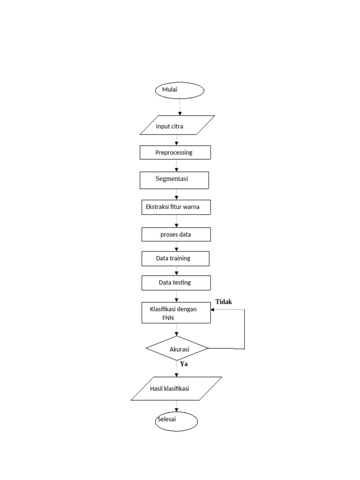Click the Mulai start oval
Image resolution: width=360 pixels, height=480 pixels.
click(180, 90)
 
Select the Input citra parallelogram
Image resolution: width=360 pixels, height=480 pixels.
click(177, 125)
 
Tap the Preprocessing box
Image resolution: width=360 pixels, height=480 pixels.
click(175, 152)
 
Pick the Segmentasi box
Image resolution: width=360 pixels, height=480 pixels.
click(174, 180)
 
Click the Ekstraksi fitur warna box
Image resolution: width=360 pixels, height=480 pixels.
click(176, 207)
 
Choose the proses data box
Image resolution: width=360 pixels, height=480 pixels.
click(176, 234)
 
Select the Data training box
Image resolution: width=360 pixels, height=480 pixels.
click(175, 259)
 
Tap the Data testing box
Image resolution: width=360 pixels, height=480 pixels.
click(176, 283)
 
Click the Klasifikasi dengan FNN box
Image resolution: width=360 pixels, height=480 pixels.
click(176, 313)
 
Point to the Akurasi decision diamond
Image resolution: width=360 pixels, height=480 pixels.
click(177, 348)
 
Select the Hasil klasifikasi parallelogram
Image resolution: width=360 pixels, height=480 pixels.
click(176, 389)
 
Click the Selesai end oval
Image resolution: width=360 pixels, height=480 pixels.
click(176, 421)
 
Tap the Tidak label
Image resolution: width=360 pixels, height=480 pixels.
click(224, 302)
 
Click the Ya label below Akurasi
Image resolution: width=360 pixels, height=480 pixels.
click(184, 364)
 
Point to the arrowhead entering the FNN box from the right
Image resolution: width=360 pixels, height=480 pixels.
click(212, 309)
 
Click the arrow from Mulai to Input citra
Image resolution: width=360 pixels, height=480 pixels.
click(180, 107)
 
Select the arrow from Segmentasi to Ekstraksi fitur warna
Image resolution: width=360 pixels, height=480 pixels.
click(176, 195)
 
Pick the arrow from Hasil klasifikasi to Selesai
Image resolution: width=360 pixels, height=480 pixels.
click(176, 406)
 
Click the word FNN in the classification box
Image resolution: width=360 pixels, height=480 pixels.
click(168, 318)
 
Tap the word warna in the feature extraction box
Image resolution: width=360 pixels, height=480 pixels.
click(191, 207)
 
